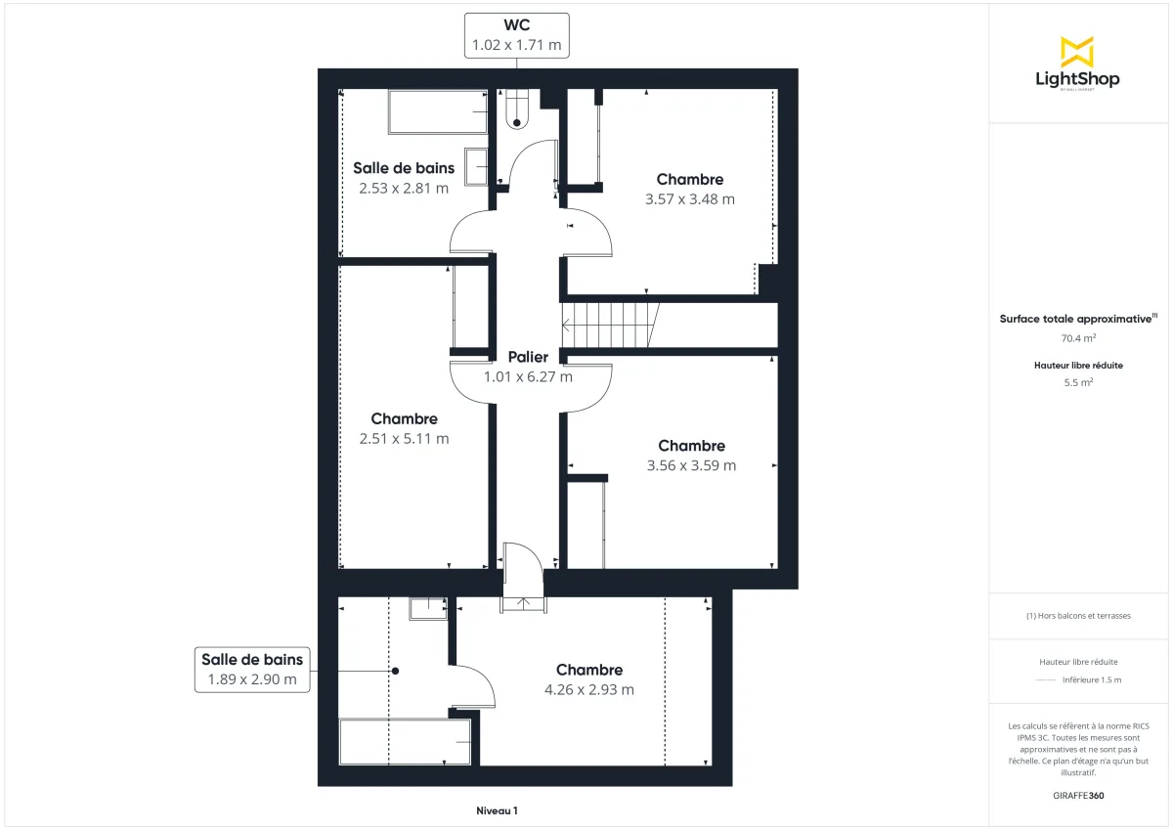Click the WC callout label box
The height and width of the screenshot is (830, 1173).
coord(516,35)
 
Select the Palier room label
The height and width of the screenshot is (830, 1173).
coord(528,357)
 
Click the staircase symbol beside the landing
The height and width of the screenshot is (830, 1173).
coord(612,325)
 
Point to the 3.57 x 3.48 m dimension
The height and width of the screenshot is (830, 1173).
coord(689,198)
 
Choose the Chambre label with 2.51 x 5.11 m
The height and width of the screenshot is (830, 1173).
coord(404,419)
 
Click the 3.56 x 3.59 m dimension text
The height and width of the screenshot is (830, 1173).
coord(691,465)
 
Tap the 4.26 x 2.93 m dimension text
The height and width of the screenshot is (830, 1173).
coord(588,689)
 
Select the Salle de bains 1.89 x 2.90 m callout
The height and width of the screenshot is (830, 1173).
coord(252,669)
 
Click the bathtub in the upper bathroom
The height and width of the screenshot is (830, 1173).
coord(438,111)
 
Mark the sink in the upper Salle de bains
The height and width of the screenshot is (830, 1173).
coord(477,166)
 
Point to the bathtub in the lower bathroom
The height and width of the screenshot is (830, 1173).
coord(405,742)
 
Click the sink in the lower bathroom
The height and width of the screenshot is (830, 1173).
coord(427,608)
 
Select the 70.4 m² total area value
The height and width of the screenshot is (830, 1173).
coord(1078,338)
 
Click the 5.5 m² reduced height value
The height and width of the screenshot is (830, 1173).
coord(1078,383)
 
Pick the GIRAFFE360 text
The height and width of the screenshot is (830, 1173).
coord(1078,796)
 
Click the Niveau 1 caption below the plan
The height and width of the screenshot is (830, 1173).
coord(497,810)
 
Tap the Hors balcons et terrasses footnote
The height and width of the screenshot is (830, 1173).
coord(1078,616)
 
